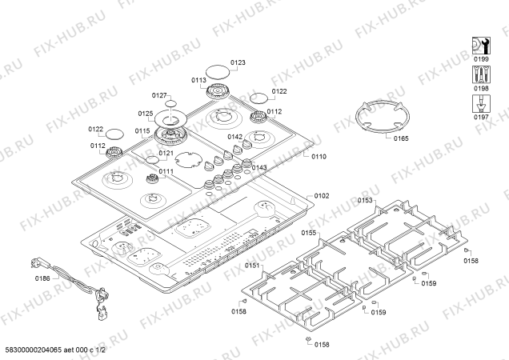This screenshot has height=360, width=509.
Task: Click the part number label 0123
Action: click(238, 62)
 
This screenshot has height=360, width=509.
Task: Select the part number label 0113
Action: click(199, 80)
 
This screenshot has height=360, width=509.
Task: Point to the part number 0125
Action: click(145, 114)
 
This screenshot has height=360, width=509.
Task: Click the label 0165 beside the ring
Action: click(401, 139)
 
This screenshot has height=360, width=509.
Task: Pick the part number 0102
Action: click(321, 196)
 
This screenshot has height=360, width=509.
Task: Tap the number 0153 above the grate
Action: click(365, 201)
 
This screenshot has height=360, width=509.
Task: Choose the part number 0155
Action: click(309, 233)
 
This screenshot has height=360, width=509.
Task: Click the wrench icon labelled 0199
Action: click(480, 44)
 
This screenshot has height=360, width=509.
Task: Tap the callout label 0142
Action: click(234, 138)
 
